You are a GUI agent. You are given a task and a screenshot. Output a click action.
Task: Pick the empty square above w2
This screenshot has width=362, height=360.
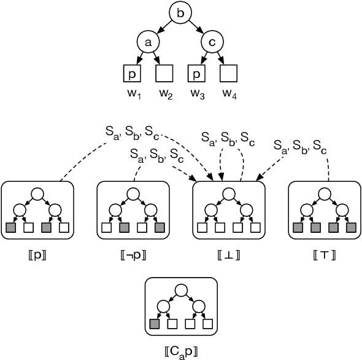164,75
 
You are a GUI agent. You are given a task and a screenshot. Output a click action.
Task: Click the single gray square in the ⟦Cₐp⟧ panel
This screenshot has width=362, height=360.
154,324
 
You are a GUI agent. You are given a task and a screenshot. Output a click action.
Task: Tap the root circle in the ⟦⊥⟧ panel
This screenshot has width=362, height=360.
229,194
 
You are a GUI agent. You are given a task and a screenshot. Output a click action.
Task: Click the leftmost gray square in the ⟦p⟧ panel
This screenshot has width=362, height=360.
11,228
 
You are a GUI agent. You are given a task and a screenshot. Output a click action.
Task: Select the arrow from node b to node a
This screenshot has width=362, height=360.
161,26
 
